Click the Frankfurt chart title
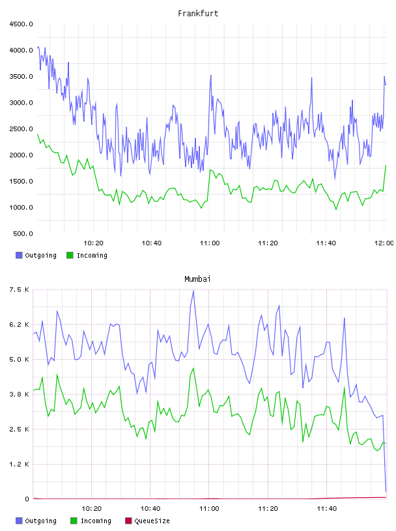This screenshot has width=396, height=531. [198, 13]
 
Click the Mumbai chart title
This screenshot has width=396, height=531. [197, 279]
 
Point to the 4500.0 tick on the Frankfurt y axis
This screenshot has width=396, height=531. [21, 24]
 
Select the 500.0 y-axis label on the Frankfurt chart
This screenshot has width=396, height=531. [23, 234]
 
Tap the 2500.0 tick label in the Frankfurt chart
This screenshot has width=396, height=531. [21, 129]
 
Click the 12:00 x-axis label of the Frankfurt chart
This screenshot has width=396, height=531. [384, 243]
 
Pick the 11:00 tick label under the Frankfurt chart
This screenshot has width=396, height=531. [210, 243]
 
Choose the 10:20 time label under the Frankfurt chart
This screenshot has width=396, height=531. [94, 243]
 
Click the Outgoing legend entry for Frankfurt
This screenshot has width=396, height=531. [36, 255]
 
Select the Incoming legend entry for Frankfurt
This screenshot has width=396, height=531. [87, 255]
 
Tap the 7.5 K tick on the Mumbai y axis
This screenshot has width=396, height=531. [20, 290]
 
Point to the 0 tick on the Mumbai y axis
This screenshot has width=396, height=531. [27, 499]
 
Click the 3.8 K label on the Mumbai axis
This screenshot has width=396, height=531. [20, 394]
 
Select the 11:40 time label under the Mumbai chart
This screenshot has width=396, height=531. [327, 509]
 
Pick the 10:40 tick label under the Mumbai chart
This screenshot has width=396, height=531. [150, 509]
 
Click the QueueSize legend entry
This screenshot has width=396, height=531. [147, 521]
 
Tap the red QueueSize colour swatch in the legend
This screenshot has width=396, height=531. [128, 521]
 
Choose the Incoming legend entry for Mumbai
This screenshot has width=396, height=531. [91, 521]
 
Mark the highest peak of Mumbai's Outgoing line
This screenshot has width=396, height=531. [193, 291]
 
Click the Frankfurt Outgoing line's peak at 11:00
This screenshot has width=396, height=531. [211, 75]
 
